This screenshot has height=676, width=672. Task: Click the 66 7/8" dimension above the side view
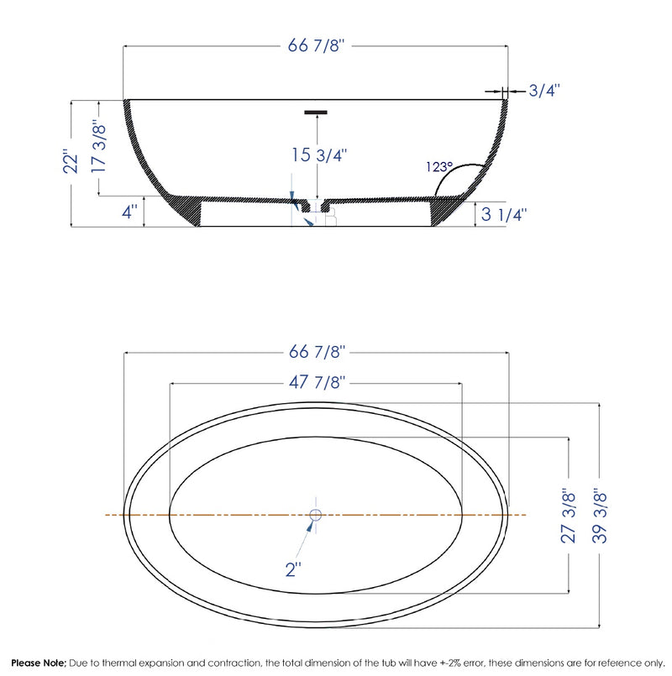316,46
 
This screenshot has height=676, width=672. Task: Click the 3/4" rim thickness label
545,89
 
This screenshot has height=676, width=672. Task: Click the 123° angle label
438,166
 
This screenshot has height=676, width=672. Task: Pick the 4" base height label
129,212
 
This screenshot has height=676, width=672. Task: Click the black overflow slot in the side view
316,111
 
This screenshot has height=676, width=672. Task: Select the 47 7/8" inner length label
316,383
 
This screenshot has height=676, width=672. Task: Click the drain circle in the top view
316,515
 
